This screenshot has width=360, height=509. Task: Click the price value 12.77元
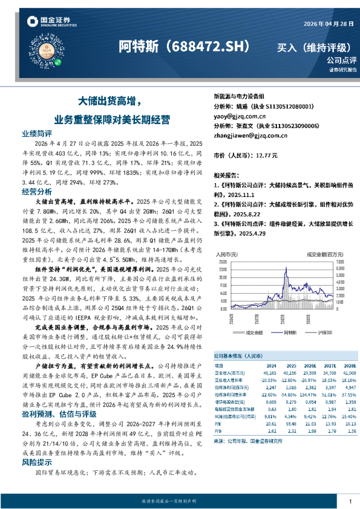click(266, 155)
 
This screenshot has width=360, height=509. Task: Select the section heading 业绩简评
click(37, 133)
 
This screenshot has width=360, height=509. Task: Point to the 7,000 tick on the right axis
click(342, 261)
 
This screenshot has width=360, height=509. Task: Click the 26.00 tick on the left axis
click(223, 261)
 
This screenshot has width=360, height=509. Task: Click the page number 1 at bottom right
click(350, 501)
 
